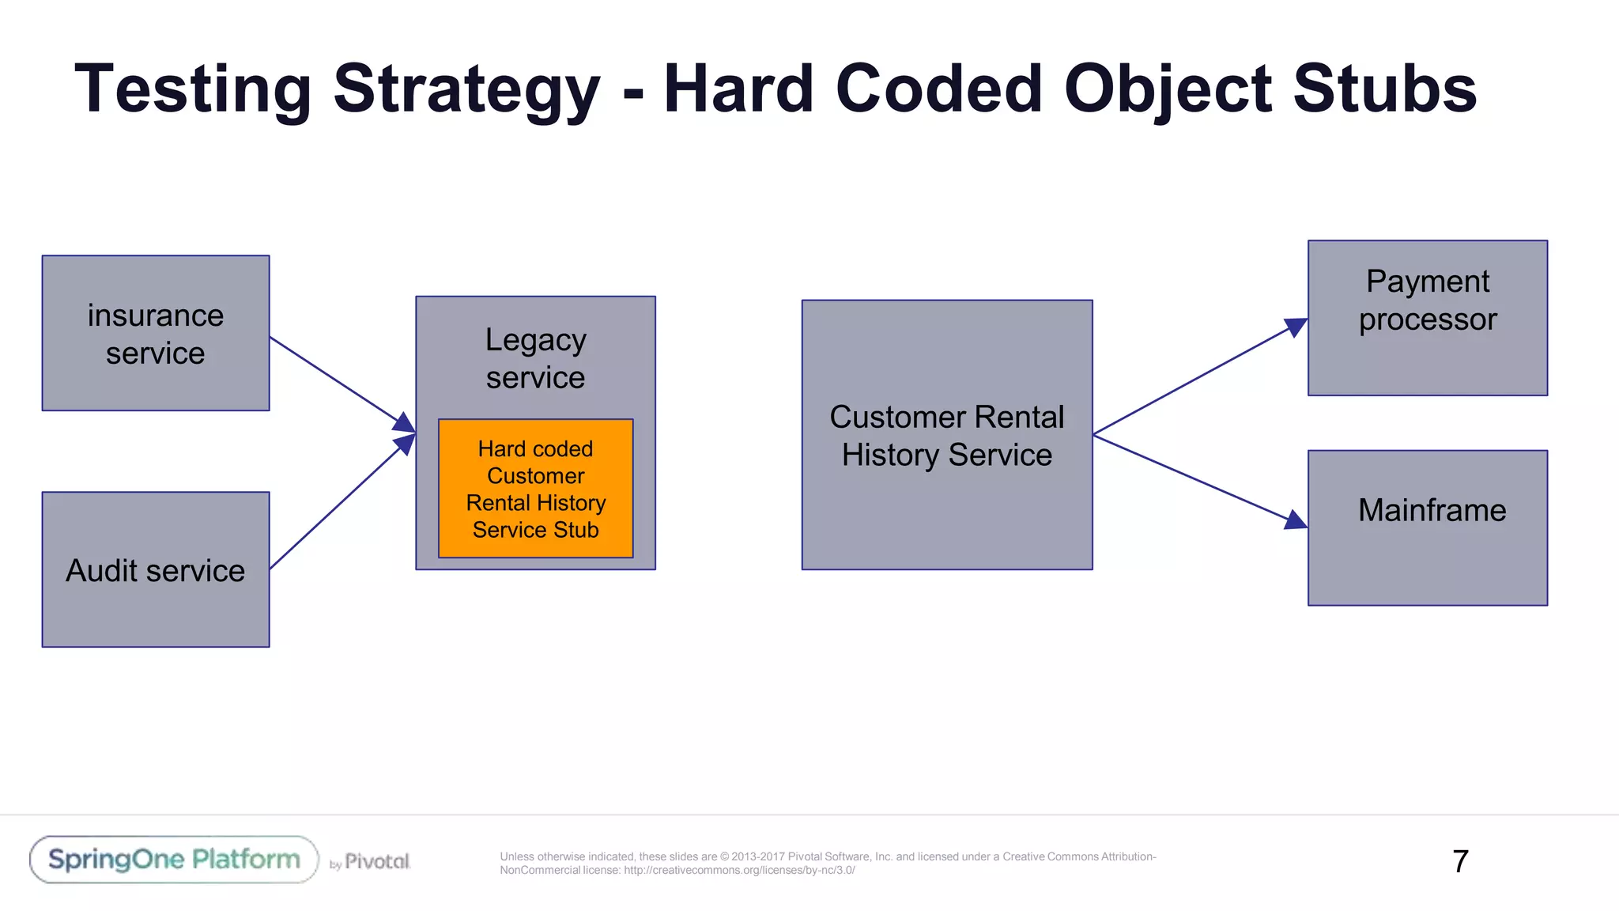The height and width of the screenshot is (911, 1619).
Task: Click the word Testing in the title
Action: pos(193,89)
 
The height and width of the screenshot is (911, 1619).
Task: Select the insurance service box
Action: pos(156,333)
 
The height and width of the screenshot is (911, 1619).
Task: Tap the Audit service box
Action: pos(156,569)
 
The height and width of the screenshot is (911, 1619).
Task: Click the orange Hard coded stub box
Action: pos(535,489)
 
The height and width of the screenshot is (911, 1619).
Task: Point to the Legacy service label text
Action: pos(535,358)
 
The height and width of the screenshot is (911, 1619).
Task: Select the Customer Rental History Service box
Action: pos(946,435)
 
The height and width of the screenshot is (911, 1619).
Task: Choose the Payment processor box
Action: pos(1427,318)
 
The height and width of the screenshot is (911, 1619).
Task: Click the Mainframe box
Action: pos(1427,528)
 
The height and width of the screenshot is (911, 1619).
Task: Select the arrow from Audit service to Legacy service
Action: pos(340,503)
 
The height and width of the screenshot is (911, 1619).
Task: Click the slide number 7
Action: pos(1460,861)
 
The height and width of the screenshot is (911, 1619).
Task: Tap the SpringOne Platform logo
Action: pos(174,860)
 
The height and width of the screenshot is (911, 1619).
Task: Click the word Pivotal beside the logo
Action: pos(377,861)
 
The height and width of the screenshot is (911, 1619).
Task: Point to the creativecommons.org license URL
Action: pos(738,871)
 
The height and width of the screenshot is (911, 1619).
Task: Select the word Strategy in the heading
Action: pos(466,89)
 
